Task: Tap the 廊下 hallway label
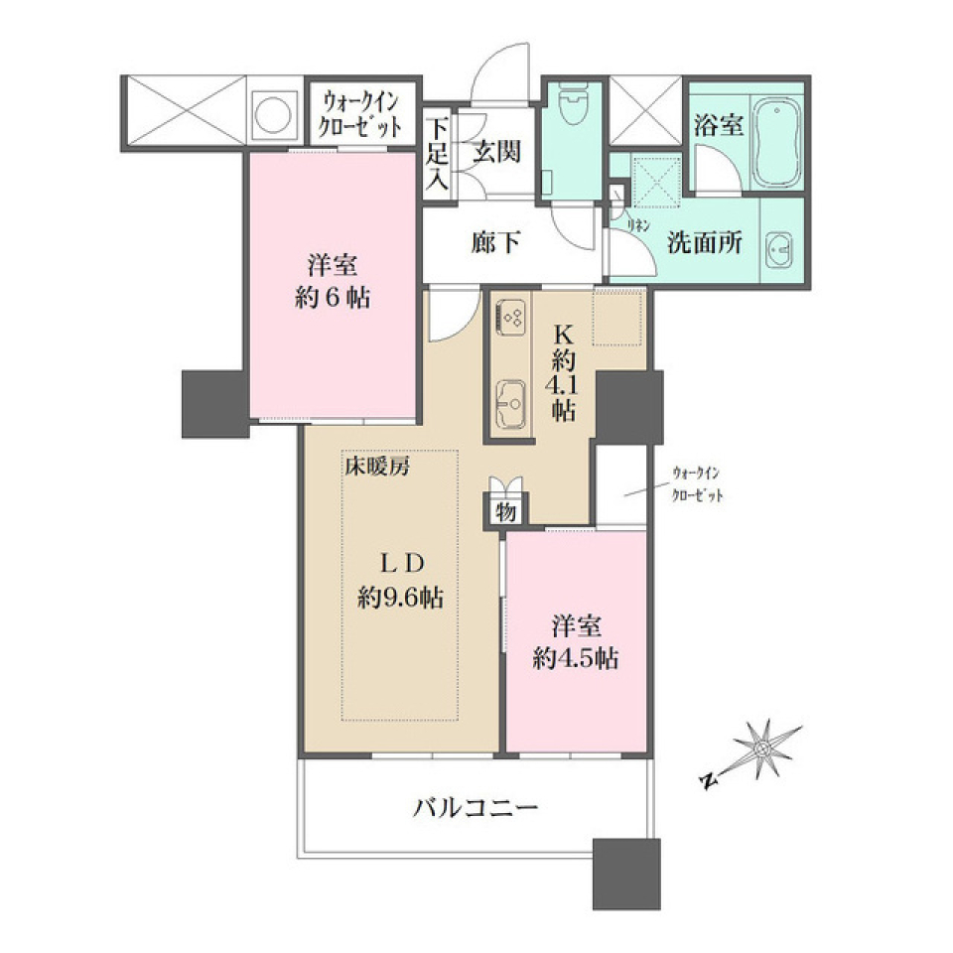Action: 495,241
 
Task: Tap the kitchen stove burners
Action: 511,317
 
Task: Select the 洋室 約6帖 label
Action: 332,281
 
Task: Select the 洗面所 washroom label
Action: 704,244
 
